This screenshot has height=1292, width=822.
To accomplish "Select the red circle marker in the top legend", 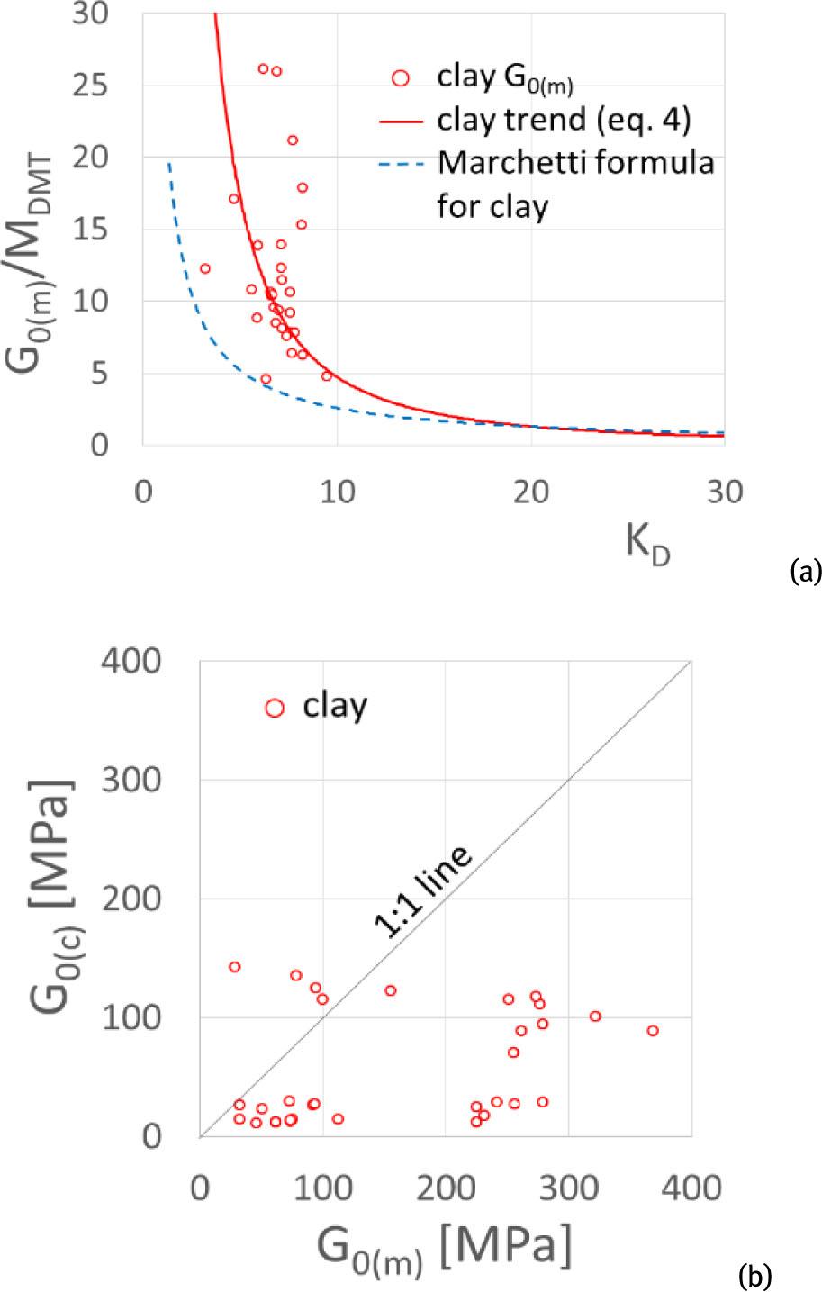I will coord(401,78).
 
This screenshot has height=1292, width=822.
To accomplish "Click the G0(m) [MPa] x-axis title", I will coord(443,1248).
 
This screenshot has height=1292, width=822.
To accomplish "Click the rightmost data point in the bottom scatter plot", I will coord(653,1030).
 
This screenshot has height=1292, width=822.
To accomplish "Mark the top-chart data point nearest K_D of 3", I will coord(205,268).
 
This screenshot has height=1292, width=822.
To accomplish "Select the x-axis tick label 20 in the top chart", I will coord(531,493).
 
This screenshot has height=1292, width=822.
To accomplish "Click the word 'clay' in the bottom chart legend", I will coord(335,707).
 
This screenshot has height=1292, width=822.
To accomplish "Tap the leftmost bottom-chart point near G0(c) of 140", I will coord(234,966).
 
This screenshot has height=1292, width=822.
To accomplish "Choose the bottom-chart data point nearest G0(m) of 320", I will coord(595,1016).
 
